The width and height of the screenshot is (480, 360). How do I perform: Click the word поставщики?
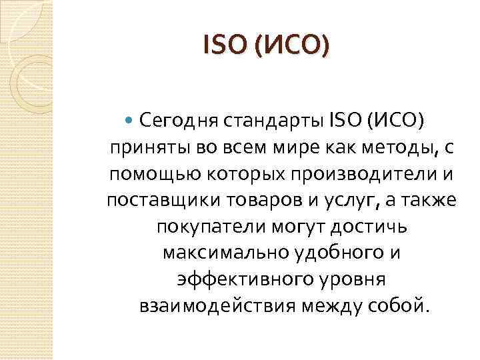(x=157, y=201)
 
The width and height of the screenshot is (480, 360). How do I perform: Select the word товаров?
(x=255, y=201)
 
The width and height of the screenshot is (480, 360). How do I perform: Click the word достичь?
(x=367, y=227)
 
